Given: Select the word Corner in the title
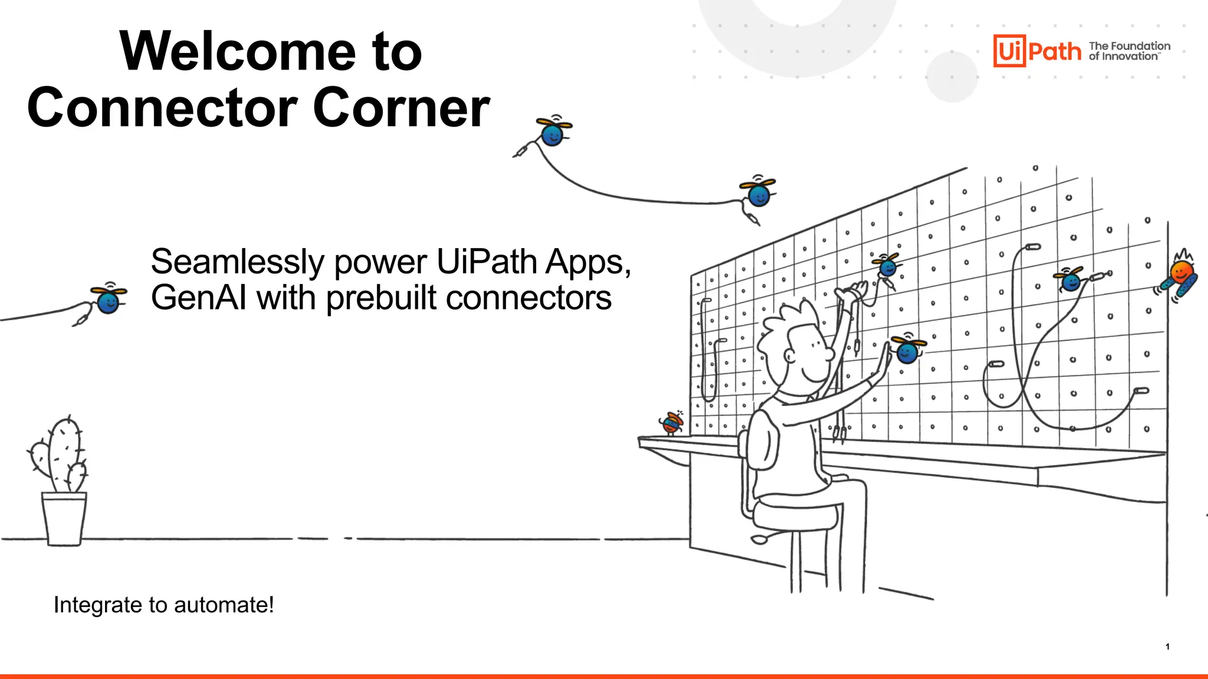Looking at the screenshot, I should click(401, 108).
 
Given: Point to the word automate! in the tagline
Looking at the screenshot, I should click(224, 605).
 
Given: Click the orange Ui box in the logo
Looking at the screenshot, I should click(1009, 51).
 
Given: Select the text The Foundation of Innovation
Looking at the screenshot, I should click(1129, 51).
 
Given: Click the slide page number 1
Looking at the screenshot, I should click(1167, 647).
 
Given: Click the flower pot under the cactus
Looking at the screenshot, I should click(64, 519).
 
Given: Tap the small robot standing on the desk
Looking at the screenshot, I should click(671, 422).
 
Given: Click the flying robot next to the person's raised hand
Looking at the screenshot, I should click(907, 351).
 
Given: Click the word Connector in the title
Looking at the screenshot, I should click(162, 108).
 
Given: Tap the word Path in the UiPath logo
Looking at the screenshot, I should click(1055, 52).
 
